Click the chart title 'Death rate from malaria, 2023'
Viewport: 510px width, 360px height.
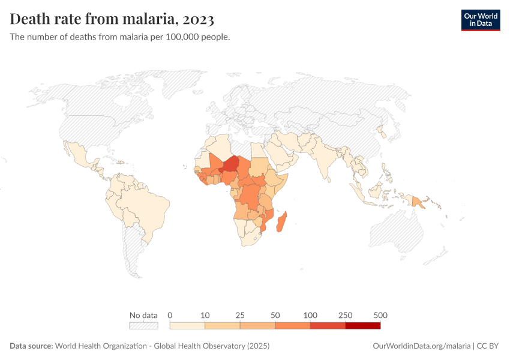[112, 19]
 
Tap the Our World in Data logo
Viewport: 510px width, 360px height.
[480, 20]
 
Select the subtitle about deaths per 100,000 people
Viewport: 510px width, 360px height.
[120, 37]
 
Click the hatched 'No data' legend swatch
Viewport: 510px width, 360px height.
[143, 326]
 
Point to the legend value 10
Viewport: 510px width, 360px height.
[205, 315]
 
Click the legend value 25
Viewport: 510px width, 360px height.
[240, 315]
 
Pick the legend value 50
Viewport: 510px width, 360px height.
[275, 315]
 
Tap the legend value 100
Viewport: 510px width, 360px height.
[310, 315]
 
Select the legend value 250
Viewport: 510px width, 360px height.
[346, 315]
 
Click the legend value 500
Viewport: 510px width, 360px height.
[380, 315]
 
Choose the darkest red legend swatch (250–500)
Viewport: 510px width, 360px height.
[363, 326]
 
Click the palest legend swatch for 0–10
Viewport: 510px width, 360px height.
[188, 326]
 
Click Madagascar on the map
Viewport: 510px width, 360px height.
[283, 222]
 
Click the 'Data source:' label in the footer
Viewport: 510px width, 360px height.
[31, 346]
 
